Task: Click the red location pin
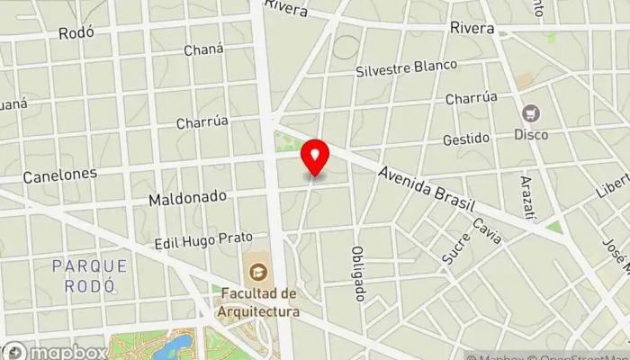coord(315,158)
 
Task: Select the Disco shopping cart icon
coord(531,113)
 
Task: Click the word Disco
coord(531,135)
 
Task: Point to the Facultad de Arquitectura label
coord(257,302)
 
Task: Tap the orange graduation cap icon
coord(257,271)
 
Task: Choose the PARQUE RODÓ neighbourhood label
coord(89,275)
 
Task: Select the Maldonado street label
coord(187,195)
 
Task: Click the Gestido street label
coord(465,139)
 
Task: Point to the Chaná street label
coord(202,50)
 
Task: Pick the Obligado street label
coord(357,274)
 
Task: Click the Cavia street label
coord(486,231)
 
